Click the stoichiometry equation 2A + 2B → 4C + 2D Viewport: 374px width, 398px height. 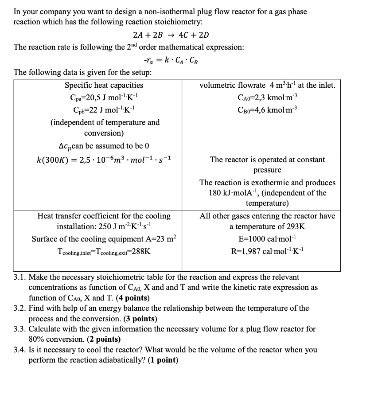(x=171, y=35)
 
